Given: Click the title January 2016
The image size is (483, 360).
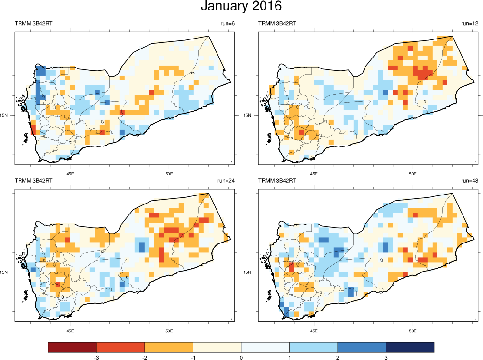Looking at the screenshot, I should pyautogui.click(x=241, y=7).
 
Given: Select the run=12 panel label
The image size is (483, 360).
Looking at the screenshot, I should pyautogui.click(x=469, y=24).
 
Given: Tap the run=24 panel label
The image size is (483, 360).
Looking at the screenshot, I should pyautogui.click(x=225, y=181).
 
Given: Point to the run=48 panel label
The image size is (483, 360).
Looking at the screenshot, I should pyautogui.click(x=469, y=181).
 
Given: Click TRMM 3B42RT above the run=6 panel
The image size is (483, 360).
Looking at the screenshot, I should pyautogui.click(x=33, y=24).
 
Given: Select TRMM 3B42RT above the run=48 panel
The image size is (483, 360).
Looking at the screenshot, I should pyautogui.click(x=277, y=181).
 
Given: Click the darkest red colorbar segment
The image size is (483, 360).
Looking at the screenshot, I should pyautogui.click(x=72, y=348).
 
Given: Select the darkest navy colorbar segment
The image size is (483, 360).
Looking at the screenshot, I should pyautogui.click(x=410, y=348).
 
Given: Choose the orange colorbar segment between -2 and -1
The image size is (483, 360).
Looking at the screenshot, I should pyautogui.click(x=168, y=348).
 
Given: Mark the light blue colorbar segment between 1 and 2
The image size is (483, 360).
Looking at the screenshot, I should pyautogui.click(x=314, y=348).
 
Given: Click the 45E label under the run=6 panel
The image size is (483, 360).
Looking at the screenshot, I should pyautogui.click(x=70, y=174).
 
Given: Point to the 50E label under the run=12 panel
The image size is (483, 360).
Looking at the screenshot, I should pyautogui.click(x=413, y=174).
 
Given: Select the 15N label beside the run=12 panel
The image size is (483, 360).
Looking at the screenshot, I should pyautogui.click(x=248, y=115).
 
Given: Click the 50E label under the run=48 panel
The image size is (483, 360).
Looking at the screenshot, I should pyautogui.click(x=413, y=331).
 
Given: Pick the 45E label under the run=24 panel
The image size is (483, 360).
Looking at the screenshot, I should pyautogui.click(x=70, y=331).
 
